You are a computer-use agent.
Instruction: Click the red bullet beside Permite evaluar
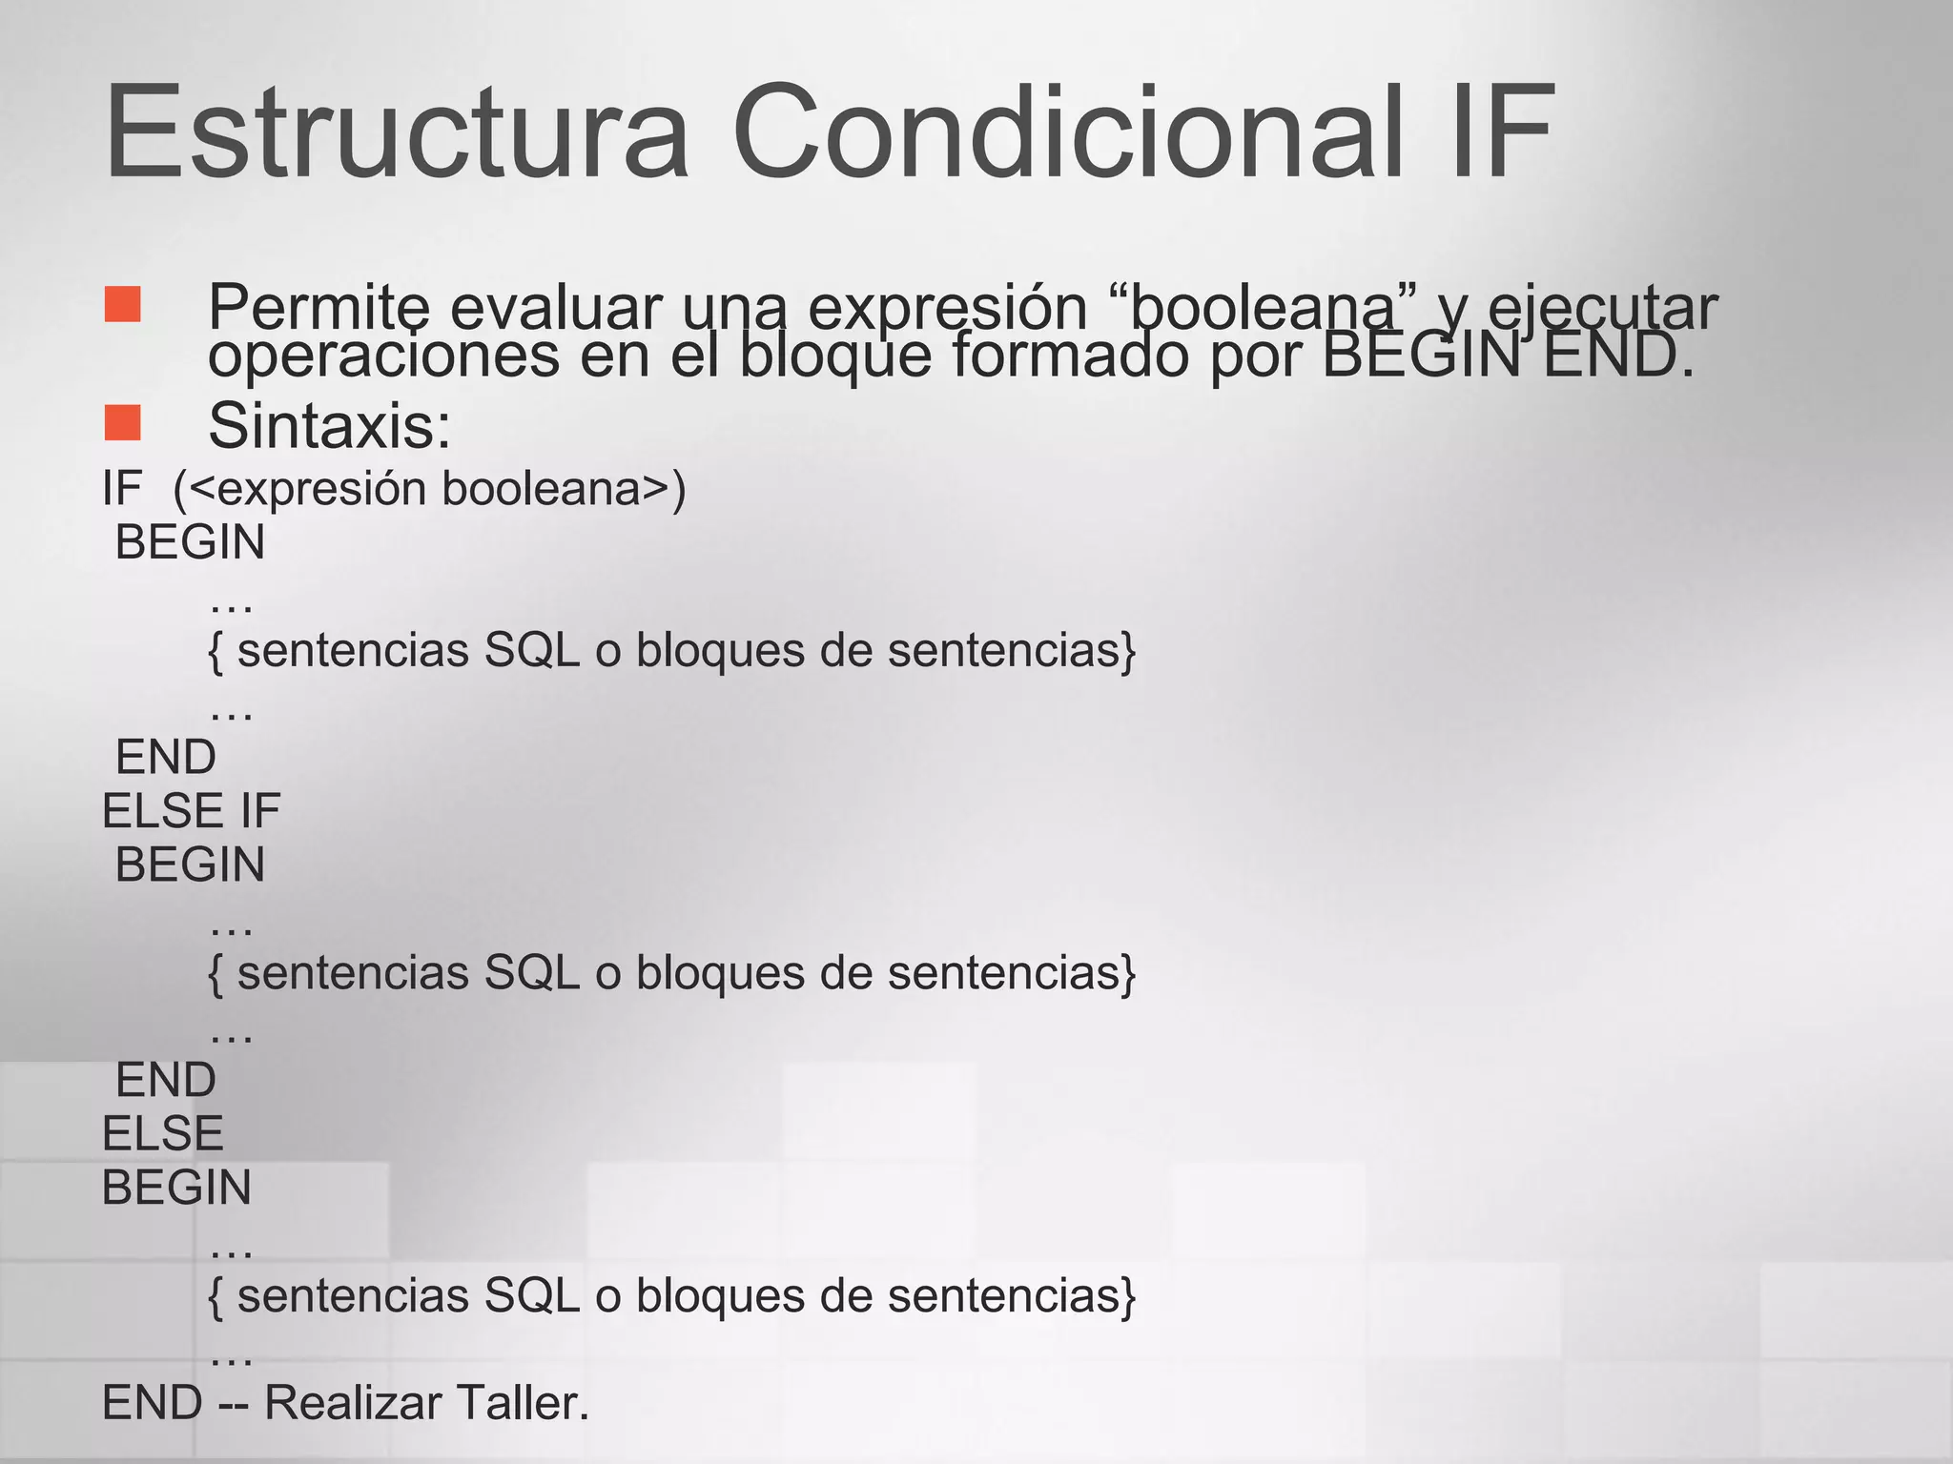point(123,304)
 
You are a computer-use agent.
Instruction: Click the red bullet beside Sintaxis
point(123,422)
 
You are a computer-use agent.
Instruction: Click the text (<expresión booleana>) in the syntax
point(429,489)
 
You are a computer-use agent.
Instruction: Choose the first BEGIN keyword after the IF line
point(190,542)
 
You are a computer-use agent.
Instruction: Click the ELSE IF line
point(191,811)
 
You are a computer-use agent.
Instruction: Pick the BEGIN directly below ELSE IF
point(190,865)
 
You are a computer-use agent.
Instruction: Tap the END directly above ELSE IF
point(166,758)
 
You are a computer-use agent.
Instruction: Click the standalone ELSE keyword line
point(162,1134)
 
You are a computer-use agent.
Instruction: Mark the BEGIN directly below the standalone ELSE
point(176,1188)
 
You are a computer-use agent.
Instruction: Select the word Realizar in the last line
point(352,1403)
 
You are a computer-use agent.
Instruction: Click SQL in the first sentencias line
point(532,651)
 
